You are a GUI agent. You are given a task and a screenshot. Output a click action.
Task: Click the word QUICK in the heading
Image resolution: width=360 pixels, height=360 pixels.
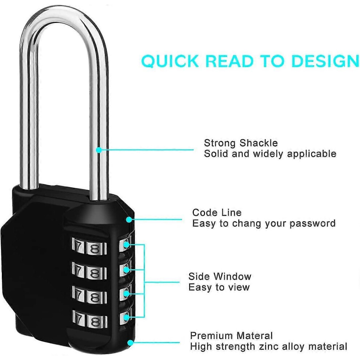[x=170, y=61]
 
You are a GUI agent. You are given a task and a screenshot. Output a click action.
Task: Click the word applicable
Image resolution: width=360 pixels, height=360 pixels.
[x=312, y=154]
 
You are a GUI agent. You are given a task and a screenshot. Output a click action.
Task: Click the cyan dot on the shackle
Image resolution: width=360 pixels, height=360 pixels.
[x=99, y=150]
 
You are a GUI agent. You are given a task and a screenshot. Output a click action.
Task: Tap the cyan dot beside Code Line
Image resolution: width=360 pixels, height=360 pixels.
[x=129, y=220]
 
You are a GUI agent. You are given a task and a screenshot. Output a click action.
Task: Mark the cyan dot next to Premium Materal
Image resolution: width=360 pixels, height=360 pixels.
[x=131, y=343]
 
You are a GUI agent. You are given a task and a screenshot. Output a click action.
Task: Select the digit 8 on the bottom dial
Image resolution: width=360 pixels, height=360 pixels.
[x=95, y=322]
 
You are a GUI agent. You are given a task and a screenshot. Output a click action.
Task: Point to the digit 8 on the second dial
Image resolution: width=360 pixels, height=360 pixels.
[x=94, y=273]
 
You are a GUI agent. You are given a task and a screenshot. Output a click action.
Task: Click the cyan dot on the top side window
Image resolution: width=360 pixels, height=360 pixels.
[x=127, y=245]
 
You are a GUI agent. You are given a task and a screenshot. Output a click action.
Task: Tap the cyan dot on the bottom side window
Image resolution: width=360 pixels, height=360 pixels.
[x=126, y=317]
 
